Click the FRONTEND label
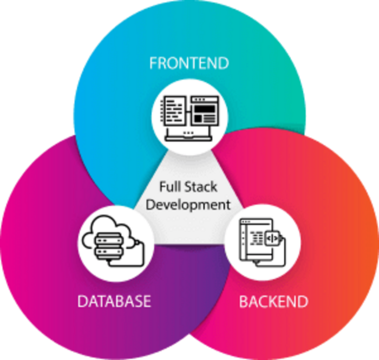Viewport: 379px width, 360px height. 189,63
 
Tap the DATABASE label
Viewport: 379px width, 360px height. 114,301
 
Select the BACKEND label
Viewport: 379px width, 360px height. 273,302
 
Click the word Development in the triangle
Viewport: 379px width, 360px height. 188,205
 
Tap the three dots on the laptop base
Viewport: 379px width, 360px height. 188,133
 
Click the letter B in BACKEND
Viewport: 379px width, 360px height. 244,302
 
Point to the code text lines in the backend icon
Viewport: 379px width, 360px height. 258,238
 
